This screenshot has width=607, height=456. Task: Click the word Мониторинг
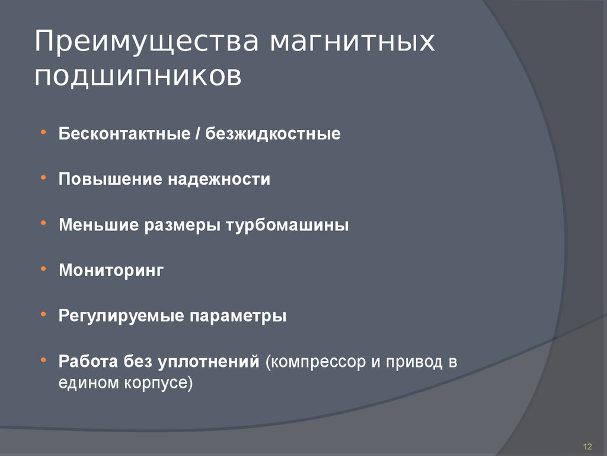pos(111,271)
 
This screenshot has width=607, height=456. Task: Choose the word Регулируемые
pos(121,316)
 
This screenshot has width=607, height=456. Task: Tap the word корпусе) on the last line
pos(162,383)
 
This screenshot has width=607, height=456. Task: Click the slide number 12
pos(588,446)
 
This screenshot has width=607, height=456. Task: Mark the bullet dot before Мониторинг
pos(45,269)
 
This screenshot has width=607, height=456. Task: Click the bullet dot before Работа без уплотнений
pos(45,360)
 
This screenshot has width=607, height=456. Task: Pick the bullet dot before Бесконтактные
pos(45,132)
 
